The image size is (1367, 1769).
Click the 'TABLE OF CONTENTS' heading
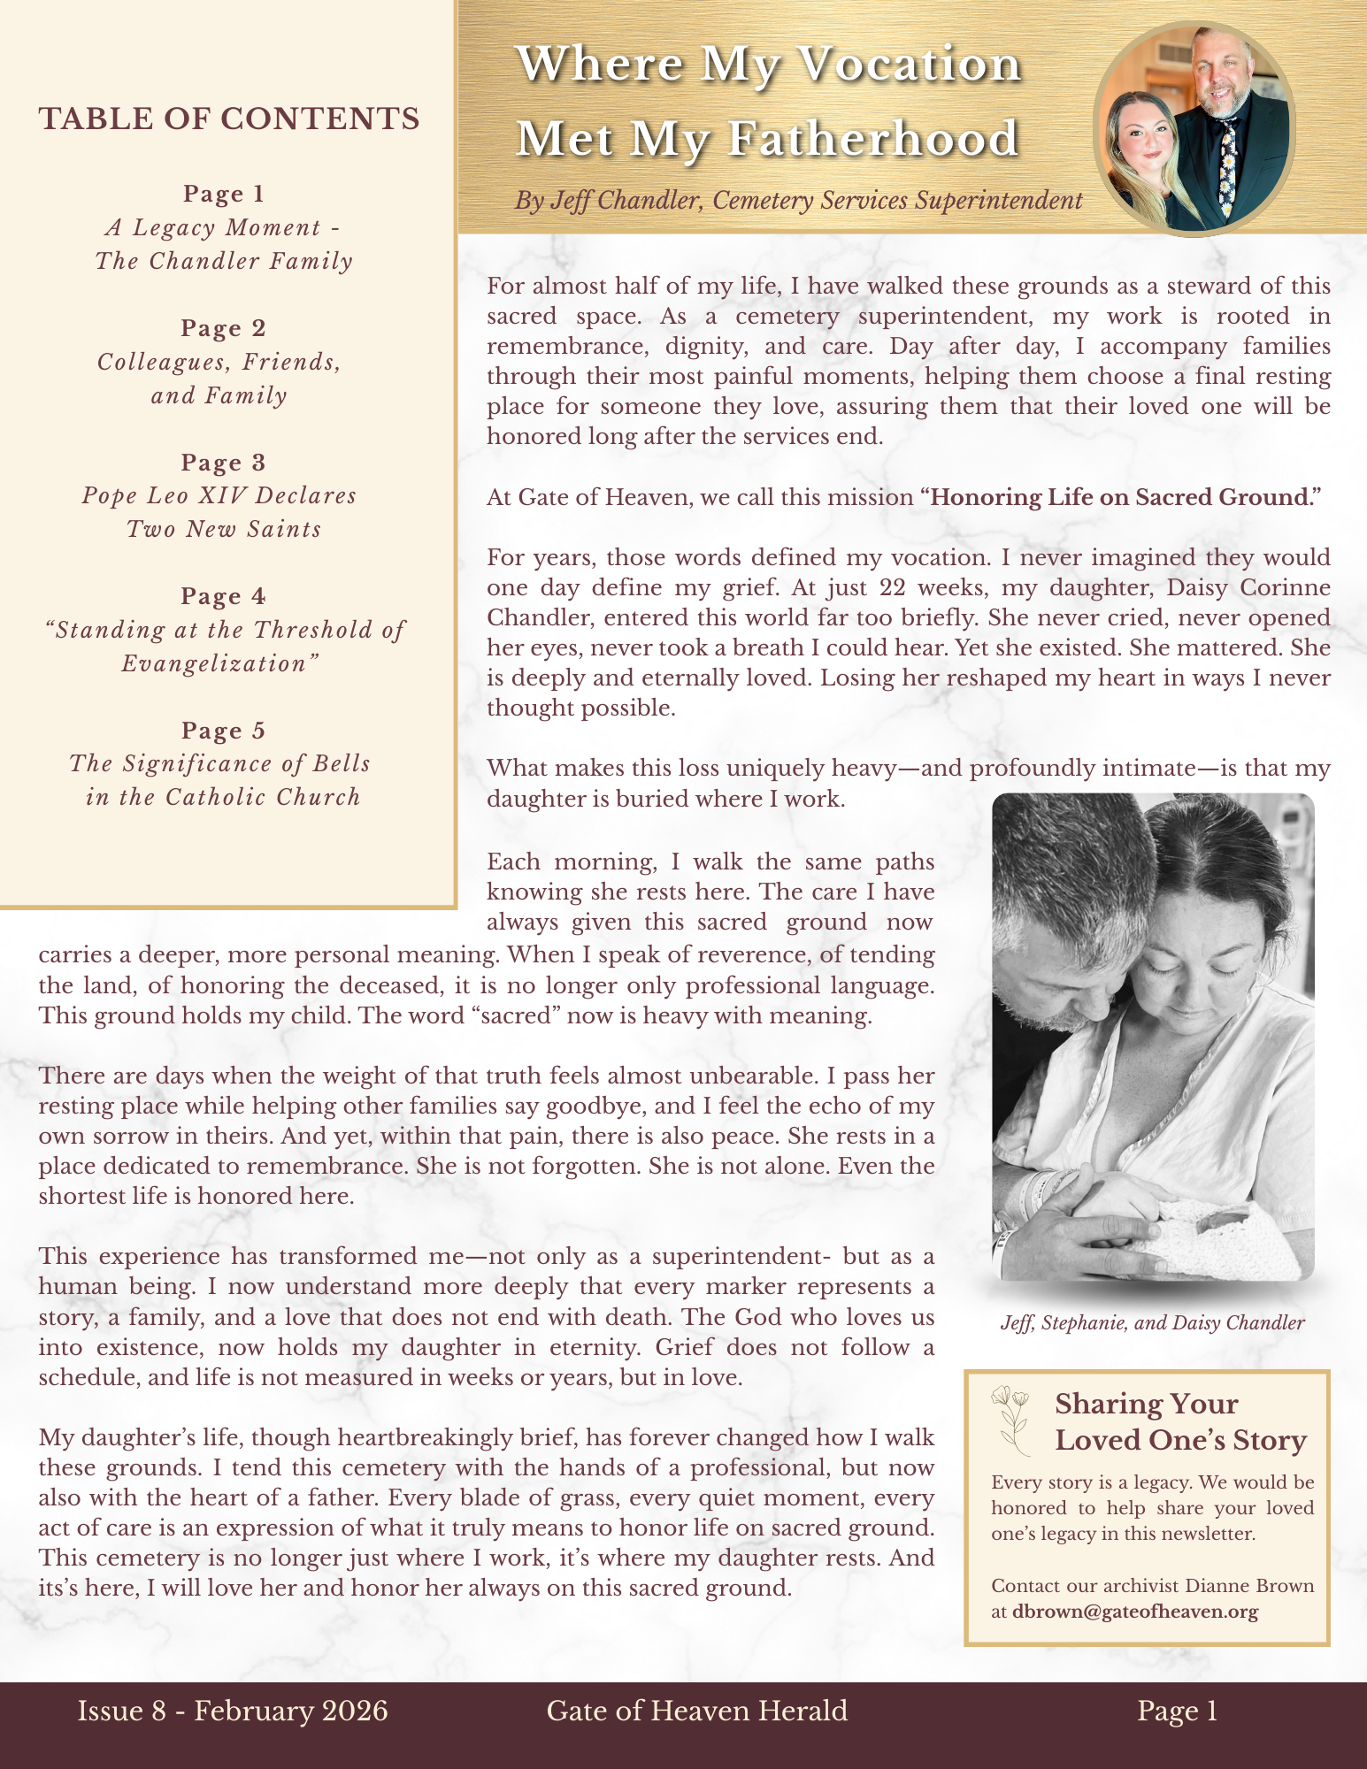(x=229, y=119)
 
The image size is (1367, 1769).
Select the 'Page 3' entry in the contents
(x=224, y=463)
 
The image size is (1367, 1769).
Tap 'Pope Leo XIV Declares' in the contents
(x=219, y=495)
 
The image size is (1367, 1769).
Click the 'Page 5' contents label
(x=224, y=731)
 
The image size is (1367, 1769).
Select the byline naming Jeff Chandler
(x=798, y=201)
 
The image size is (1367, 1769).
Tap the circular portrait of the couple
(x=1194, y=129)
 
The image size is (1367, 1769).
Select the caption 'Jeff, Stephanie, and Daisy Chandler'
(x=1152, y=1323)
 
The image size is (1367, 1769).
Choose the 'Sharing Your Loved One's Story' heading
(x=1180, y=1421)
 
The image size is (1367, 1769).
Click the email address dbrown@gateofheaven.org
(x=1135, y=1612)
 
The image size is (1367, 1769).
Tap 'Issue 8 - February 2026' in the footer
(x=233, y=1711)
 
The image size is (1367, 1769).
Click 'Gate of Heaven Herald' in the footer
(x=697, y=1711)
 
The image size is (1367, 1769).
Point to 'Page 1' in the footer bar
(x=1178, y=1711)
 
